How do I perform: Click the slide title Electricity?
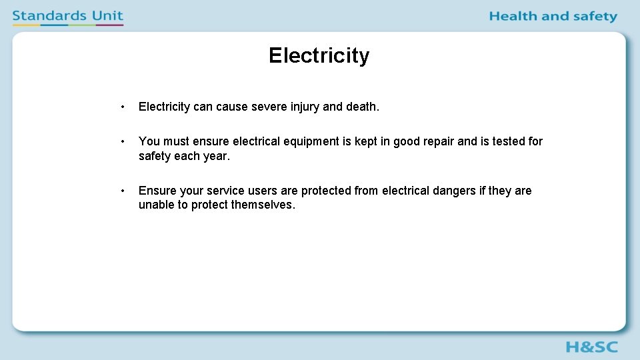pyautogui.click(x=319, y=55)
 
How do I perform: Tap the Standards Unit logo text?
pyautogui.click(x=67, y=15)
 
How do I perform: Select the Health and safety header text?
pyautogui.click(x=553, y=16)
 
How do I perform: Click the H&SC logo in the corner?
pyautogui.click(x=591, y=347)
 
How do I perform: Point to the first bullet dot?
pyautogui.click(x=123, y=107)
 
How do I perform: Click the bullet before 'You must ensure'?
pyautogui.click(x=123, y=141)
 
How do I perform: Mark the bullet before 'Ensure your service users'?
pyautogui.click(x=123, y=191)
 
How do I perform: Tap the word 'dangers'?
pyautogui.click(x=453, y=191)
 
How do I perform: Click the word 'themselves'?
pyautogui.click(x=262, y=205)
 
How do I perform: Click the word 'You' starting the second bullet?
pyautogui.click(x=149, y=141)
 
